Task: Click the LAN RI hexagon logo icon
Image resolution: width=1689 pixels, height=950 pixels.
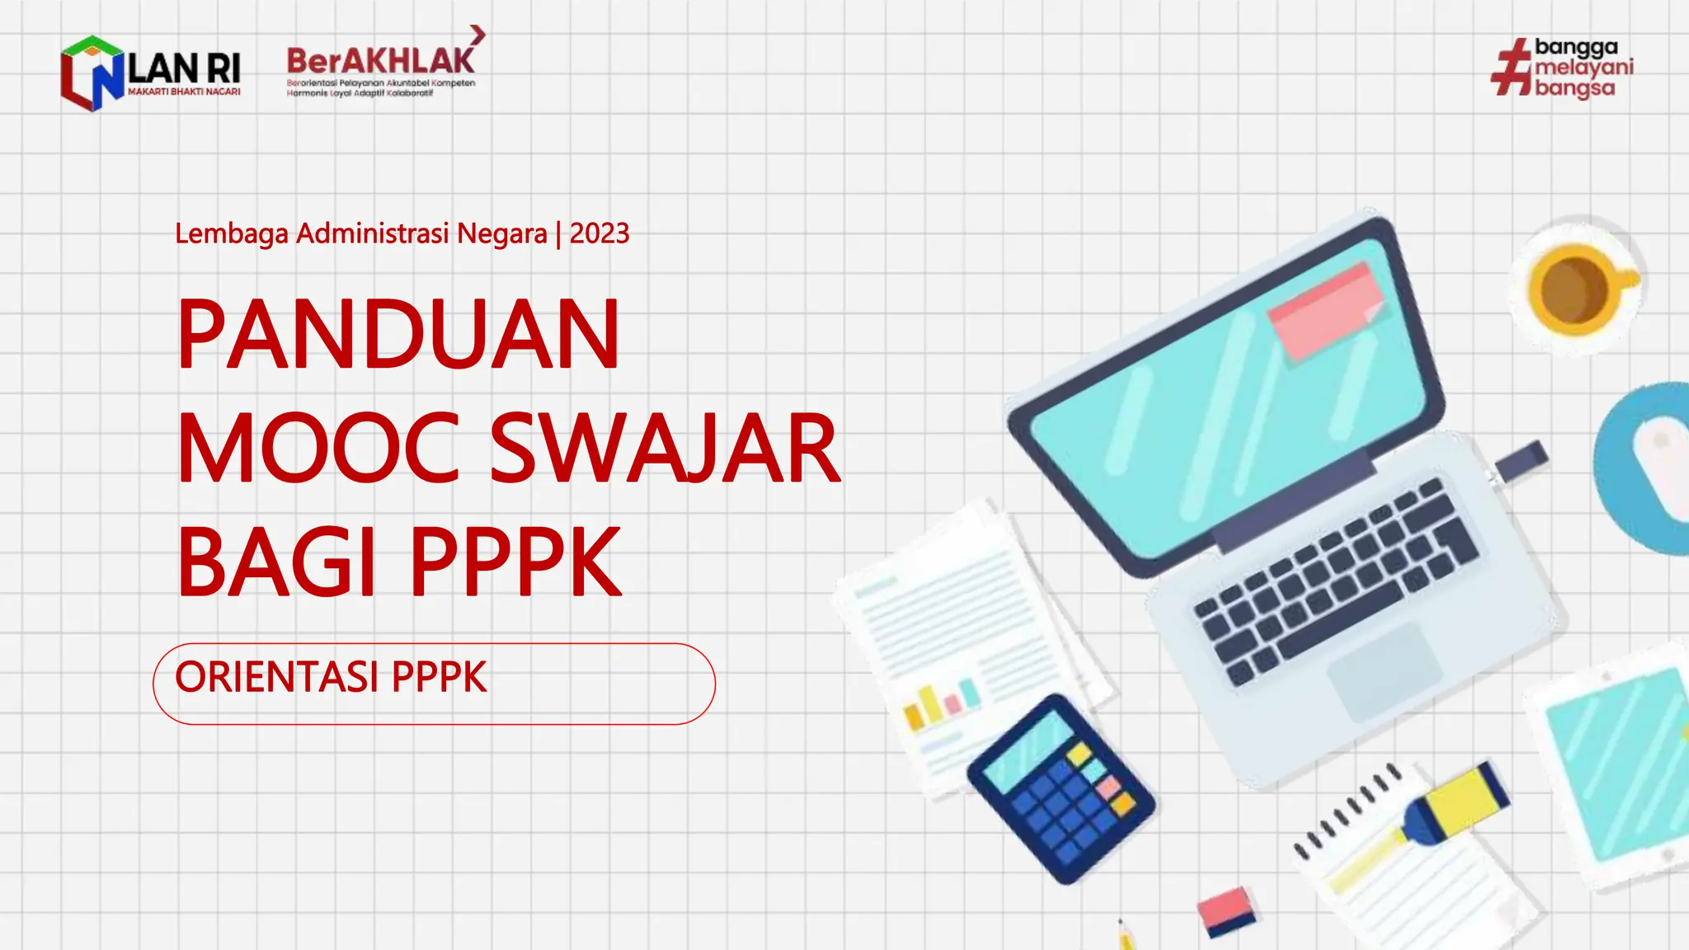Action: click(x=91, y=73)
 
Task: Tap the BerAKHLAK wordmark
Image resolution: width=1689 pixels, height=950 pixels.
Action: click(x=380, y=60)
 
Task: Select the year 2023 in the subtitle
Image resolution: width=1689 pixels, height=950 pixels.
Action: click(x=600, y=234)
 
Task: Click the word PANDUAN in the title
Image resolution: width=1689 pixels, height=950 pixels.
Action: click(x=398, y=334)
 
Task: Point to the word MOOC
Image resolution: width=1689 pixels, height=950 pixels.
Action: click(x=318, y=449)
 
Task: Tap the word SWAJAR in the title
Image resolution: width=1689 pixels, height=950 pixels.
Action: click(x=665, y=449)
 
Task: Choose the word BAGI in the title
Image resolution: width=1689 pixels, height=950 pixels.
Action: click(x=277, y=562)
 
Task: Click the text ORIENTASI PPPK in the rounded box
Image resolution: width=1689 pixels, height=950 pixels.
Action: click(x=331, y=678)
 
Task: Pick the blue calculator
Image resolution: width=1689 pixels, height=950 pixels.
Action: click(x=1061, y=788)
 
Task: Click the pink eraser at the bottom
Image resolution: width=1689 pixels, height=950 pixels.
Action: click(x=1227, y=909)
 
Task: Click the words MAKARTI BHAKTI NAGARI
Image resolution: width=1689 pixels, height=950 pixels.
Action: click(x=184, y=92)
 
